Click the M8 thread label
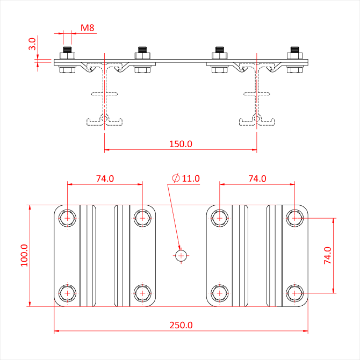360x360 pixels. (x=88, y=28)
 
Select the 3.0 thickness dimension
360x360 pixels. (x=32, y=44)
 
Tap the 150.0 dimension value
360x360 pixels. (x=181, y=144)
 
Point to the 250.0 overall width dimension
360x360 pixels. (x=181, y=325)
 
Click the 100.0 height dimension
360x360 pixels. (x=24, y=255)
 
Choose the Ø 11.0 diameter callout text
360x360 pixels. (x=186, y=178)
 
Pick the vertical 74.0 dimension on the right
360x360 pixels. (x=328, y=256)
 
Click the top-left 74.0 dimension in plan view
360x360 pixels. (x=105, y=178)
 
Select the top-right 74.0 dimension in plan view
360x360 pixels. (x=257, y=178)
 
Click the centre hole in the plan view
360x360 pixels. (x=181, y=256)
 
